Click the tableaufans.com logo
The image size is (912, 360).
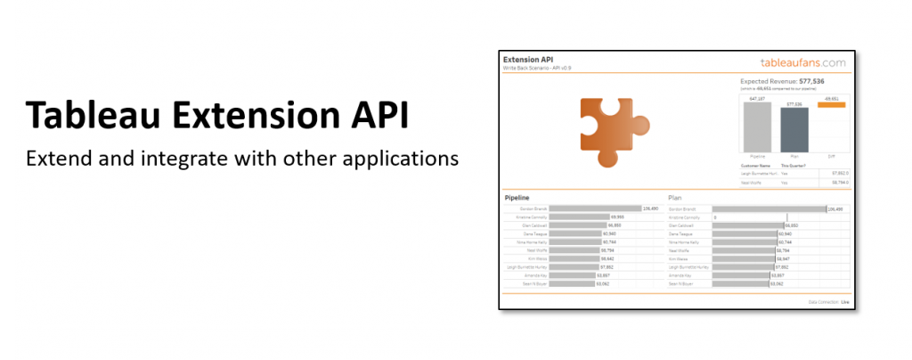[x=802, y=62]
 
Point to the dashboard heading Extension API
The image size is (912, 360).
[x=527, y=60]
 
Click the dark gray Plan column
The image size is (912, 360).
[x=794, y=132]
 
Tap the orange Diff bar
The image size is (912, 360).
[x=831, y=105]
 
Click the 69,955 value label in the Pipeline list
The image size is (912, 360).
[x=617, y=217]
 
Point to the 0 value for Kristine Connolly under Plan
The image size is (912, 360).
[x=714, y=217]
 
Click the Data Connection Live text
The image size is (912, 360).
[x=829, y=302]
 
